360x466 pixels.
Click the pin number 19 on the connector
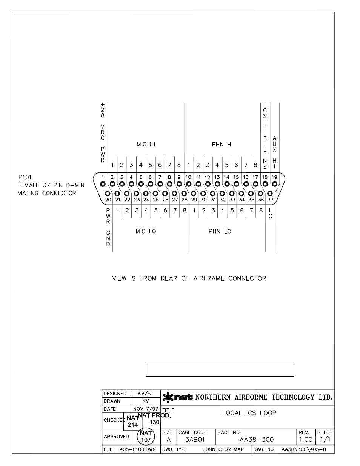pos(274,177)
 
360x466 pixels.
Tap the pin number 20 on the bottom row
pos(108,200)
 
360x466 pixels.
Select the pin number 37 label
pos(270,200)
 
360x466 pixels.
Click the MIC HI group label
pos(146,144)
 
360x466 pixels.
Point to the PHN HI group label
pos(222,144)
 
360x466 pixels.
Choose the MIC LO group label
pos(146,231)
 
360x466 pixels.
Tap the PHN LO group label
pos(220,231)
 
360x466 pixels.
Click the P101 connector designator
pos(25,177)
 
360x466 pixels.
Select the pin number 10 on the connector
pos(188,177)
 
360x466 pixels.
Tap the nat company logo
pos(178,397)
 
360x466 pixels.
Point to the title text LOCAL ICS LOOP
pos(249,413)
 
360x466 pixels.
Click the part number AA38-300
pos(257,440)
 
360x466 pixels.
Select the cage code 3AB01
pos(195,440)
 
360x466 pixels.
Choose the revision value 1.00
pos(306,440)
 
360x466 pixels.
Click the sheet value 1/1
pos(325,440)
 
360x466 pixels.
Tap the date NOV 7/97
pos(146,409)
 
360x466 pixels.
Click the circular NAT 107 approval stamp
pos(146,437)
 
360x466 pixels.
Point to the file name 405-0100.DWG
pos(138,449)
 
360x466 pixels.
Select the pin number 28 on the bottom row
pos(185,200)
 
